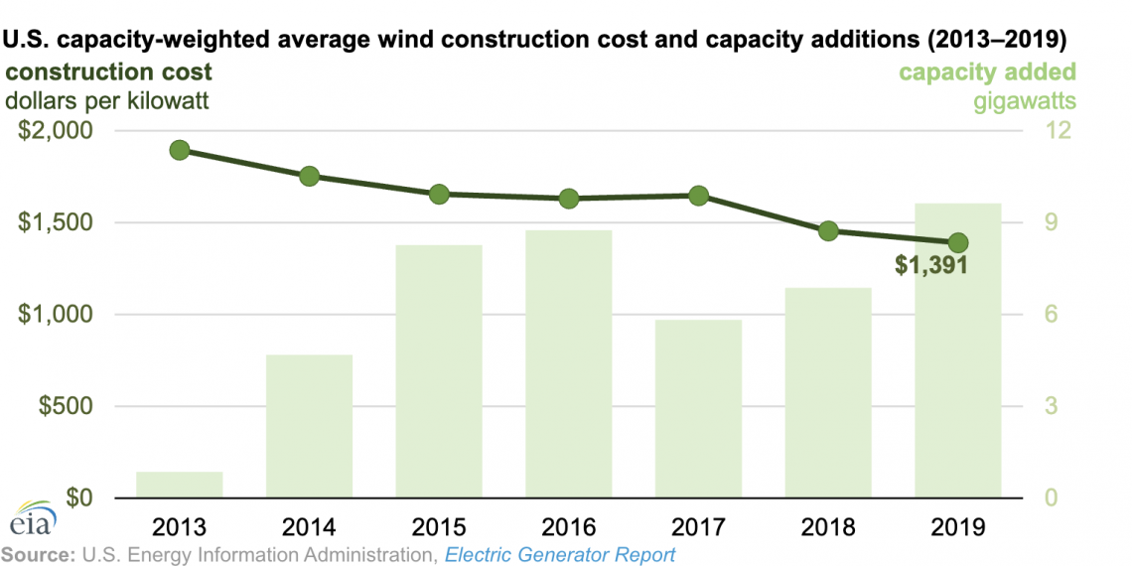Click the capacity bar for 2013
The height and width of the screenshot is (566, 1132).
tap(180, 485)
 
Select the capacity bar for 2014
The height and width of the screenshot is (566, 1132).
tap(309, 426)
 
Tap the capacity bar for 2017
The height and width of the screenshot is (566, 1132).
tap(698, 408)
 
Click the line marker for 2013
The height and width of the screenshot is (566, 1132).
tap(180, 150)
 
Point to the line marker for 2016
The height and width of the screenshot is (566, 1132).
tap(569, 199)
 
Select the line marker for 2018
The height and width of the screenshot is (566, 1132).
tap(828, 231)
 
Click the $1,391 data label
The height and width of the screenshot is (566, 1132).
tap(930, 265)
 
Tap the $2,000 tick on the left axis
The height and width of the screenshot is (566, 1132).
tap(56, 131)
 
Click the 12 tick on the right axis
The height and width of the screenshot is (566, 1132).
tap(1052, 131)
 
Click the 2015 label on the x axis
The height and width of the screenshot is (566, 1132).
tap(439, 524)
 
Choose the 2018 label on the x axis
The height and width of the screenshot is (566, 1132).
tap(828, 524)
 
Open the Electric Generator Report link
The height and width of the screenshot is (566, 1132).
tap(560, 554)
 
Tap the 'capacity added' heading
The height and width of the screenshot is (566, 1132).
tap(987, 72)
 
